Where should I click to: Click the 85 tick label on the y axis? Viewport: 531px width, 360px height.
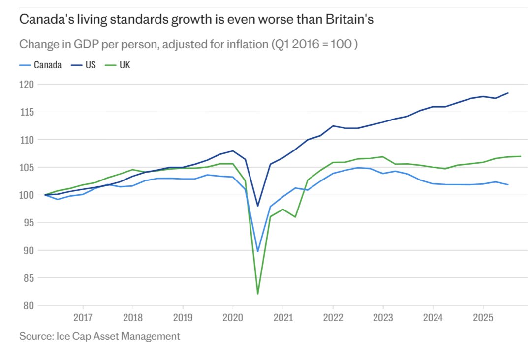click(29, 278)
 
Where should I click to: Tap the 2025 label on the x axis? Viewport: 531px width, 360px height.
click(483, 318)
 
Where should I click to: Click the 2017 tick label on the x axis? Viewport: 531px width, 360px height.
click(82, 318)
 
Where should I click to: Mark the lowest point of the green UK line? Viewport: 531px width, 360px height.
click(258, 294)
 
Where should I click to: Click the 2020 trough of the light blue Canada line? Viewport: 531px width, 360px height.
click(258, 251)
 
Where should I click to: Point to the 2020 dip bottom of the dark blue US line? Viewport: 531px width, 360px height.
click(258, 206)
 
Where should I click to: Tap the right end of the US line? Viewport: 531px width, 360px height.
click(508, 93)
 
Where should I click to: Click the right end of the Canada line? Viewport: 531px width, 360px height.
click(508, 185)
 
